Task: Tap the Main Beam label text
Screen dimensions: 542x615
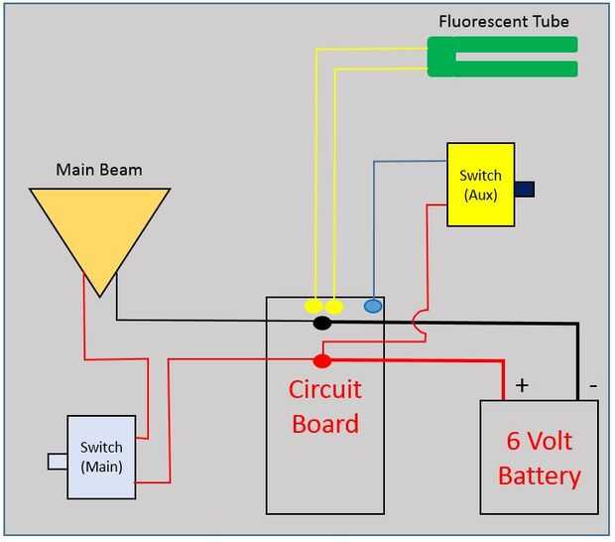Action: click(98, 170)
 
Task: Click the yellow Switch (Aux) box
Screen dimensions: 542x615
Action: click(480, 185)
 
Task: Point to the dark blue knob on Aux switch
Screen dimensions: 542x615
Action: click(525, 189)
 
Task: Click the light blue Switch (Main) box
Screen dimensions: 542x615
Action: click(100, 458)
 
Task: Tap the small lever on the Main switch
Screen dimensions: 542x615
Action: click(57, 461)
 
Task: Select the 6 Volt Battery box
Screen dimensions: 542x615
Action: click(539, 458)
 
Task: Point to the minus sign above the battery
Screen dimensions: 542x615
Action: click(592, 383)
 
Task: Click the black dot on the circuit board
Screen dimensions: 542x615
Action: click(321, 323)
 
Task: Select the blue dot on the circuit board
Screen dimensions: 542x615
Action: click(373, 306)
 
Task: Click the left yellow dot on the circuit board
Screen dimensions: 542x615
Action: click(313, 306)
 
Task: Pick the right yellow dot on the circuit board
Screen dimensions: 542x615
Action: click(335, 306)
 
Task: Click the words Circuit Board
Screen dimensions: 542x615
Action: click(325, 406)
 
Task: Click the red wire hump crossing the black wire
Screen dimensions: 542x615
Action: click(417, 323)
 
